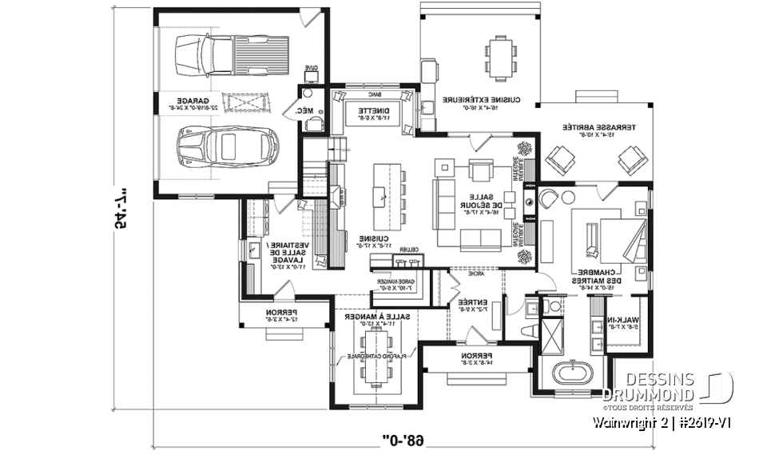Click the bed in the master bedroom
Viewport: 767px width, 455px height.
point(618,239)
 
